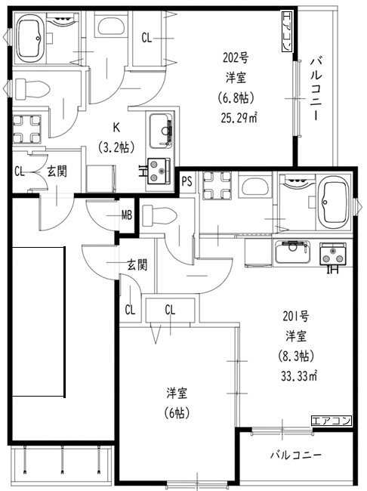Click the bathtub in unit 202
click(30, 38)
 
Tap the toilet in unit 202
click(32, 88)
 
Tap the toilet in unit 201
click(159, 216)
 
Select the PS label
click(187, 181)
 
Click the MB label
click(127, 215)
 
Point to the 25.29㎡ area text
click(239, 119)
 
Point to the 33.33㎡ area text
click(299, 375)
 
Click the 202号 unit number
click(236, 58)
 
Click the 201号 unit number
click(296, 317)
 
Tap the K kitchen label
click(116, 128)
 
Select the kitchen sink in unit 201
click(293, 252)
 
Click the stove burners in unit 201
click(333, 254)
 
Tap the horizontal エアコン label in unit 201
click(332, 421)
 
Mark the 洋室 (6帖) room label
click(177, 403)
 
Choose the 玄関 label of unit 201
click(137, 265)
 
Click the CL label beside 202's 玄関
click(20, 171)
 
